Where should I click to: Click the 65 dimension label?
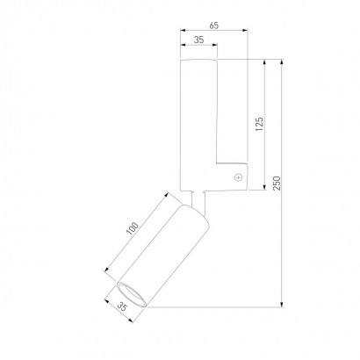[214, 25]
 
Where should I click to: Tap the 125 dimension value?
[259, 124]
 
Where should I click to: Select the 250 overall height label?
[277, 184]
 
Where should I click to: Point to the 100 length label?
[133, 228]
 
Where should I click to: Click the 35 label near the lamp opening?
[123, 306]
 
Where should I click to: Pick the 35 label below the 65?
[199, 40]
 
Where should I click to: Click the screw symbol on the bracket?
[239, 177]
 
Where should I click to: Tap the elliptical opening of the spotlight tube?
[132, 295]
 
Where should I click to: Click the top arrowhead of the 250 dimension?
[282, 62]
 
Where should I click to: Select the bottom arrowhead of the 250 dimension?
[282, 305]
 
